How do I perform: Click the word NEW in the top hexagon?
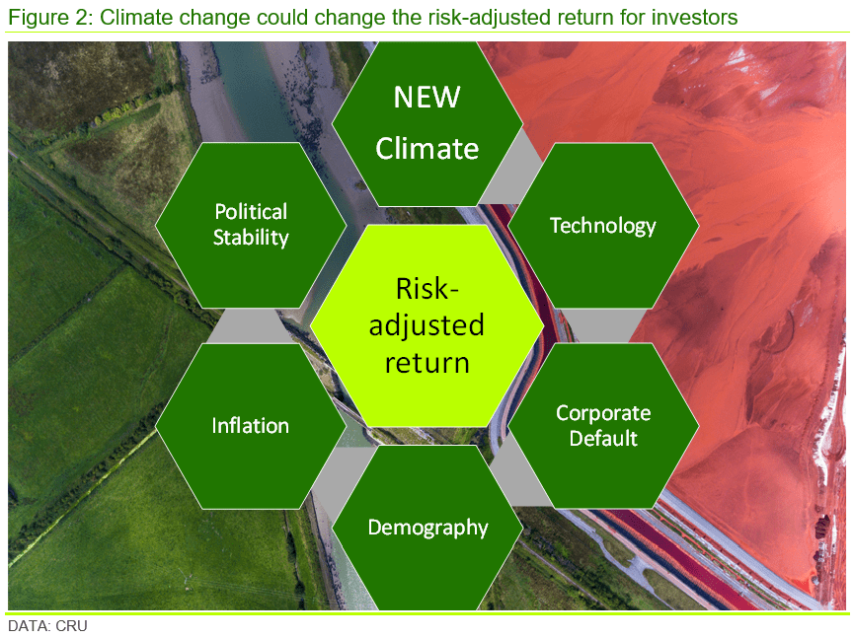pyautogui.click(x=427, y=98)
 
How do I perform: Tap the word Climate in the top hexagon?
pyautogui.click(x=427, y=148)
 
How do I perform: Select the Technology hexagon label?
pyautogui.click(x=603, y=226)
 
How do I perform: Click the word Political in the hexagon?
pyautogui.click(x=251, y=211)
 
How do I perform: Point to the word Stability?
pyautogui.click(x=251, y=238)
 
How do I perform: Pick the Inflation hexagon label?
pyautogui.click(x=250, y=426)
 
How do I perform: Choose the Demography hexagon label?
pyautogui.click(x=427, y=529)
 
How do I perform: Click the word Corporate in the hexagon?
pyautogui.click(x=603, y=413)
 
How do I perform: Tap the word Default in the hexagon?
pyautogui.click(x=603, y=438)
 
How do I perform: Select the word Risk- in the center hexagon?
pyautogui.click(x=427, y=289)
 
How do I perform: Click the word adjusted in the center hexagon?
pyautogui.click(x=426, y=326)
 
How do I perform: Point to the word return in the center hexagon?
pyautogui.click(x=427, y=363)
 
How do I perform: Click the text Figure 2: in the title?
pyautogui.click(x=50, y=18)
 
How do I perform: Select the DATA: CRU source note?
pyautogui.click(x=47, y=626)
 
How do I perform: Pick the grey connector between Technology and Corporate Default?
pyautogui.click(x=603, y=326)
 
